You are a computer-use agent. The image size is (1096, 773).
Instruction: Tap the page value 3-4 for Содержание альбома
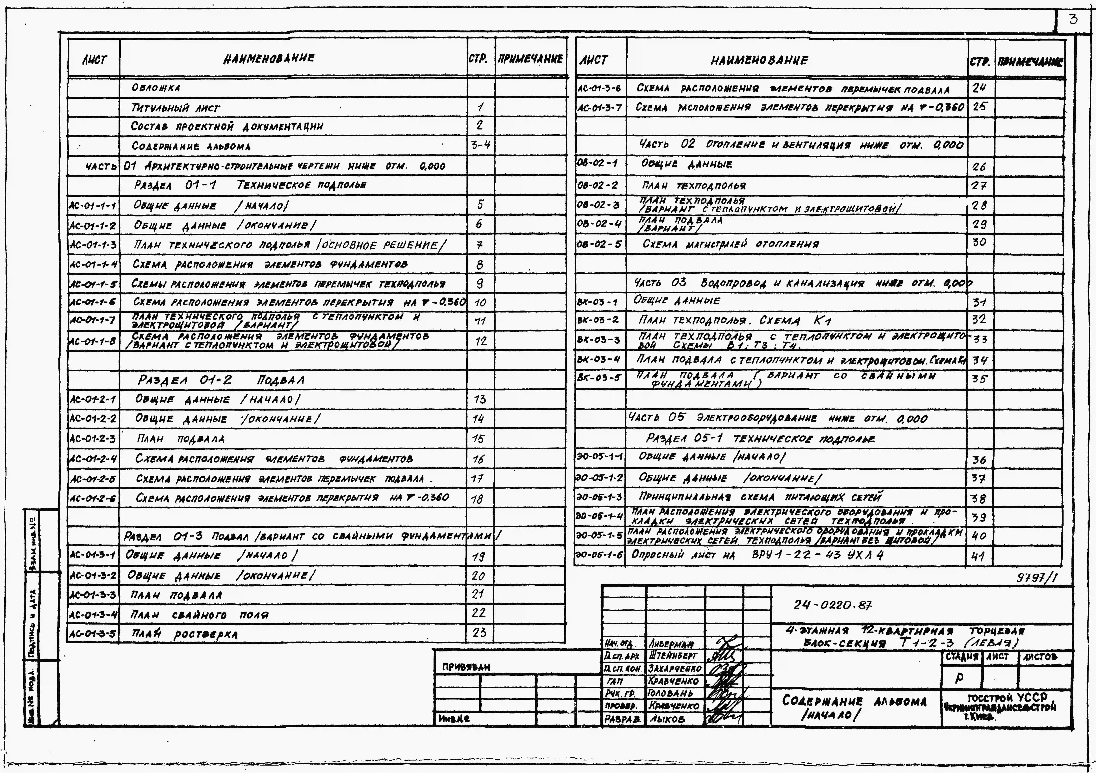480,145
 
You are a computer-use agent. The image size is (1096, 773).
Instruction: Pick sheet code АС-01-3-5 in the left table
93,634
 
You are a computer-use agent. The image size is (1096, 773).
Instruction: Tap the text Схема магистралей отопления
730,244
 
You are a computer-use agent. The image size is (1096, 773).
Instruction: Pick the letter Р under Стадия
959,678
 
